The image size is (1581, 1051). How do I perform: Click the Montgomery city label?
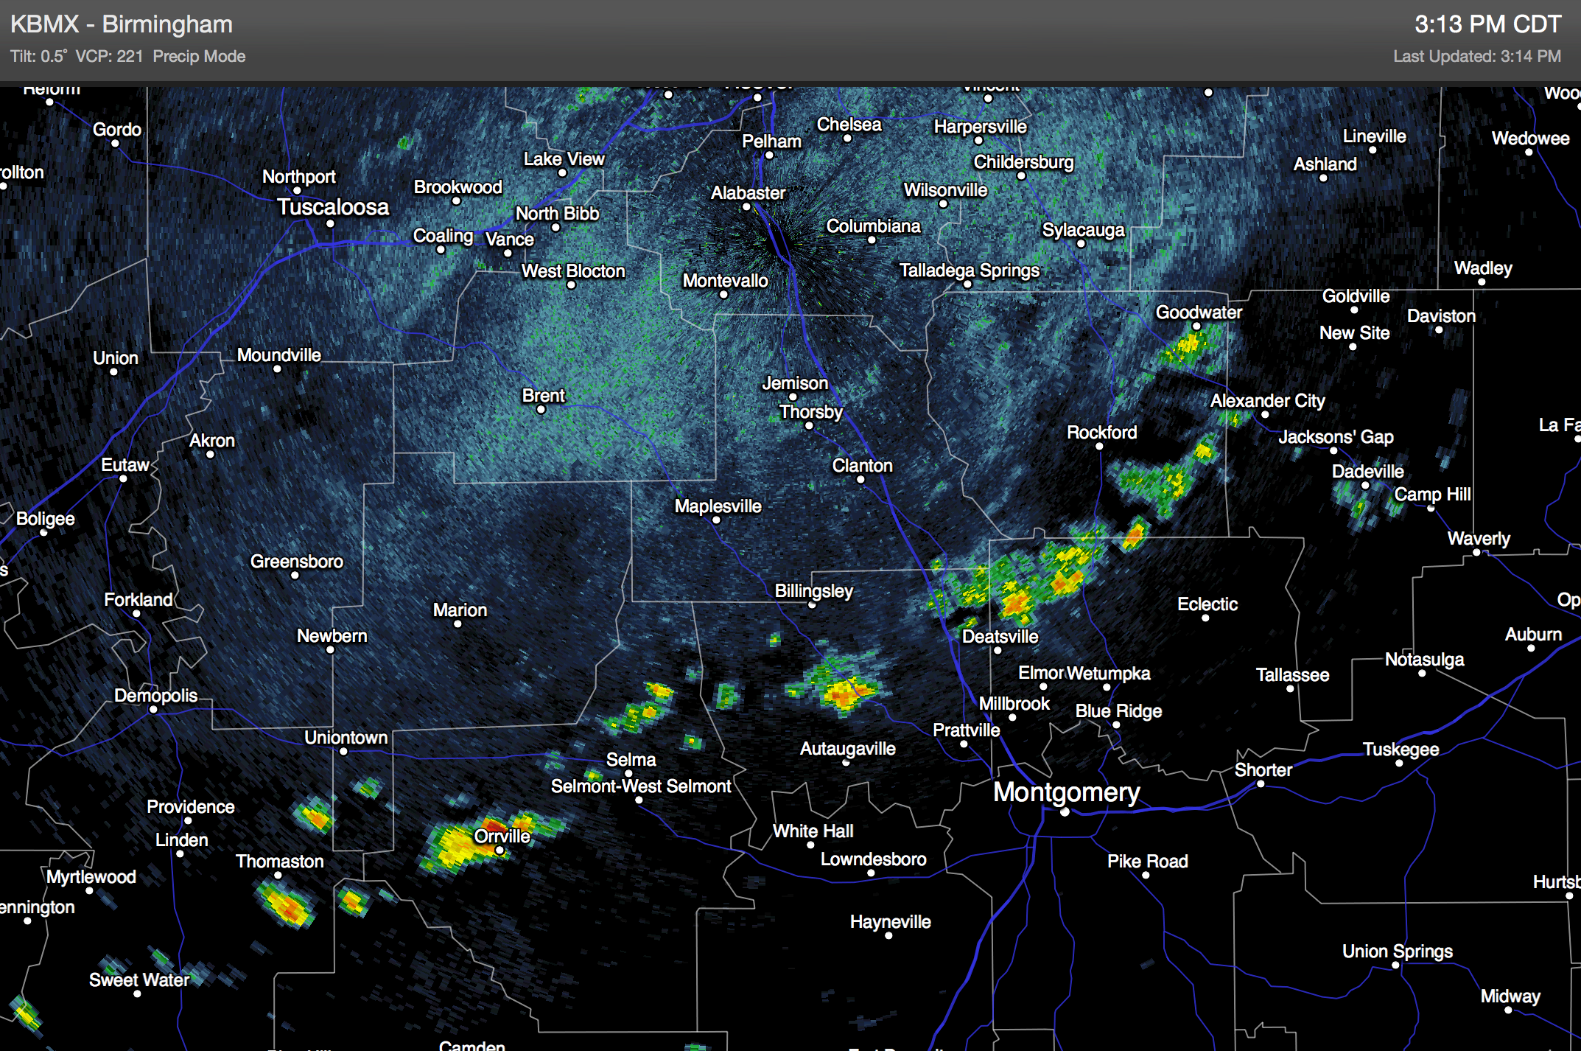point(1066,792)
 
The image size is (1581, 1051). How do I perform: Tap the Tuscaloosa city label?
point(332,207)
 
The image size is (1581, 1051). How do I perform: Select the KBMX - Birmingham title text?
point(122,24)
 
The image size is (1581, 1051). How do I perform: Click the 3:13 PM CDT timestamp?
point(1487,24)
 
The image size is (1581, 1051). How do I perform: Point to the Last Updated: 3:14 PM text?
point(1476,57)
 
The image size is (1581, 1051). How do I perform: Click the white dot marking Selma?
point(628,773)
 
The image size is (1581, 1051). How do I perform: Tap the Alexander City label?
point(1267,401)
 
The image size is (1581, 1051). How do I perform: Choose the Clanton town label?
point(862,466)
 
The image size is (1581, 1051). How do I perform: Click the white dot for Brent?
point(541,410)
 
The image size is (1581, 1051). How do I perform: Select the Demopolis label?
point(155,696)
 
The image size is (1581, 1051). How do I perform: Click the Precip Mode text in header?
point(199,57)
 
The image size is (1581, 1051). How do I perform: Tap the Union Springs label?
point(1397,952)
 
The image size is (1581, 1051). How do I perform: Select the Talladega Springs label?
point(969,270)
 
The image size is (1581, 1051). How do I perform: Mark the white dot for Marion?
point(458,624)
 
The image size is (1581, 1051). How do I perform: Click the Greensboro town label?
point(296,562)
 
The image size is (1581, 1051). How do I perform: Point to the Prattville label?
point(966,730)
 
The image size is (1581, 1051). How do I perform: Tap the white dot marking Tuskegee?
point(1399,763)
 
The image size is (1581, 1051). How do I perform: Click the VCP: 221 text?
point(109,57)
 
